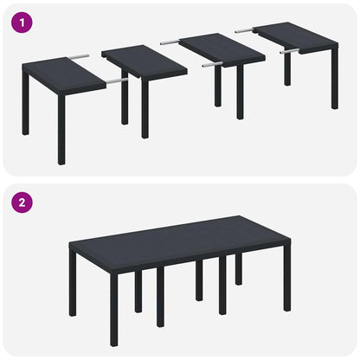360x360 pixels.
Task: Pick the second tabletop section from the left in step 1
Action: tap(143, 61)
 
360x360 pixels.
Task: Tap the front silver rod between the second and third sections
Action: tap(213, 64)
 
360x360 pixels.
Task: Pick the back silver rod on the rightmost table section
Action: tap(244, 30)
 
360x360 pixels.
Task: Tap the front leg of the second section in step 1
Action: tap(145, 108)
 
